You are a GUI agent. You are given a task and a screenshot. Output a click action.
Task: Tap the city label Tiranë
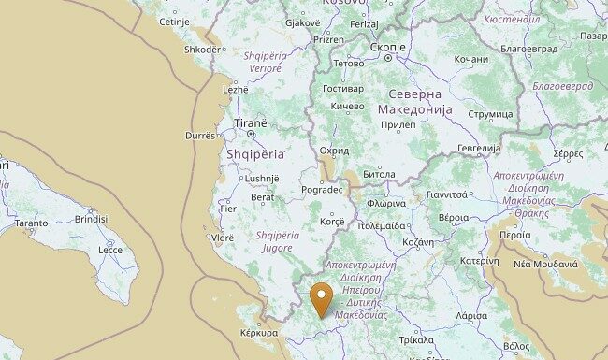coord(251,122)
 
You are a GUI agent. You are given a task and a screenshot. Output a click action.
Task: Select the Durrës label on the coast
coord(200,136)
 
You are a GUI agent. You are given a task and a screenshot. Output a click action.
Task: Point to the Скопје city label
coord(387,47)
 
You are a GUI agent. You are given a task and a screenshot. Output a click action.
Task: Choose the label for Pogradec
coord(323,190)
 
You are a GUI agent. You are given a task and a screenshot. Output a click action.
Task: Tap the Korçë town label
coord(333,222)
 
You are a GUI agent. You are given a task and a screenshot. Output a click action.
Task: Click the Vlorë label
coord(223,238)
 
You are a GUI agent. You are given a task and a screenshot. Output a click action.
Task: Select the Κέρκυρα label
coord(259,333)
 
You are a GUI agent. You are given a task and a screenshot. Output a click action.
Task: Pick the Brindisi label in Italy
coord(92,219)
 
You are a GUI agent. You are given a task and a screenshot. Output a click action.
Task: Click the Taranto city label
coord(31,223)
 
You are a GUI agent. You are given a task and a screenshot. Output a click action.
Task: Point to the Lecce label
coord(110,250)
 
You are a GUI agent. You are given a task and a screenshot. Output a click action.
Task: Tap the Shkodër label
coord(203,50)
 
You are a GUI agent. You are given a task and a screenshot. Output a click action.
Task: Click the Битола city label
coord(379,174)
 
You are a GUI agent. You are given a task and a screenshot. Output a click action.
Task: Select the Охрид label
coord(334,151)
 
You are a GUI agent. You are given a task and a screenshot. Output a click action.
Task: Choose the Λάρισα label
coord(470,316)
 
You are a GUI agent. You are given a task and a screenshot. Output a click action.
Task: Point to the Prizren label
coord(328,40)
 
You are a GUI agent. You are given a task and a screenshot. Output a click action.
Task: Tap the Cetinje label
coord(174,22)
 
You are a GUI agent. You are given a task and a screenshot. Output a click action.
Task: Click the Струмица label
coord(490,115)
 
